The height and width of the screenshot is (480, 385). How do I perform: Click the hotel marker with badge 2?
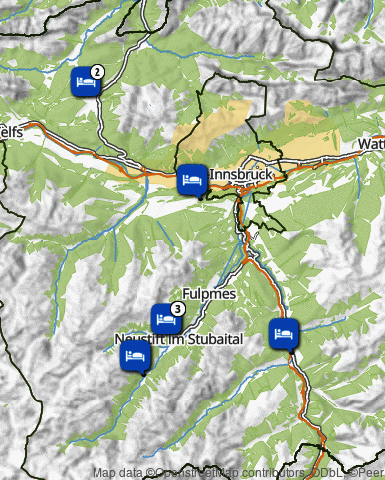pos(85,81)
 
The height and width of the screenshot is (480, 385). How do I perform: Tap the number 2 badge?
pos(97,71)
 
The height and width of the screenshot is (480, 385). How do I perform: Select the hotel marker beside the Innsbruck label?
pos(191,180)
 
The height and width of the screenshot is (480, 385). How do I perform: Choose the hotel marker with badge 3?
pos(165,320)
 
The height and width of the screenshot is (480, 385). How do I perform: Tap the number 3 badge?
pos(177,309)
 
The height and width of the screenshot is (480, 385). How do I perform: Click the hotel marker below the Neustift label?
pos(134,355)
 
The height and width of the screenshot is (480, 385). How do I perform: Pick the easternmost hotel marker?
pos(284,332)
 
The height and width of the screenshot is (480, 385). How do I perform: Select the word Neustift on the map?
pos(139,340)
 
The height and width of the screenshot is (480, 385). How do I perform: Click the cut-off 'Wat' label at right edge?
pos(371,145)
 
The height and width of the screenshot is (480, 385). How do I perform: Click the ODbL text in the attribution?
pos(325,473)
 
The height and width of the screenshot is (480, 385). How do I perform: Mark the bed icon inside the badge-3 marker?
pos(165,319)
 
